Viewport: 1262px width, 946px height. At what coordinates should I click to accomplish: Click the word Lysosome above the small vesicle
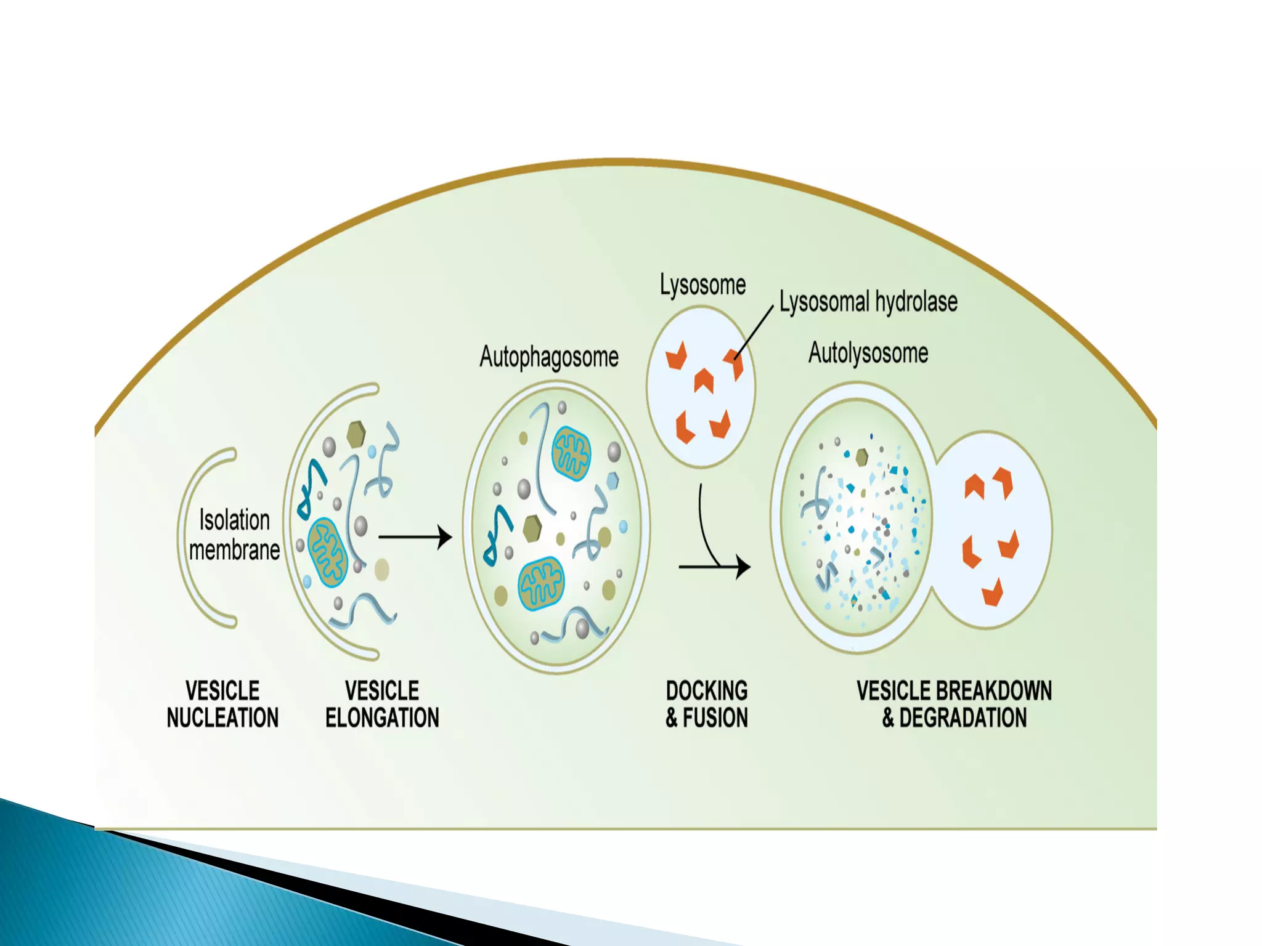click(702, 285)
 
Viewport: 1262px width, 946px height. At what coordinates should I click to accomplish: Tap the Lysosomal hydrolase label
click(868, 302)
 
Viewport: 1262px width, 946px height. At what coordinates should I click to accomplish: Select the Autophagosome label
click(548, 357)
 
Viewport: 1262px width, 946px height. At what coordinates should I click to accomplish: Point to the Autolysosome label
click(868, 354)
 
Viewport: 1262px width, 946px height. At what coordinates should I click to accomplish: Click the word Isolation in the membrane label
click(234, 520)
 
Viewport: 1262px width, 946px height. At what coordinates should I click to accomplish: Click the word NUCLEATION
click(222, 718)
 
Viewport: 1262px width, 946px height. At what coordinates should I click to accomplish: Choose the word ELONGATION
click(382, 718)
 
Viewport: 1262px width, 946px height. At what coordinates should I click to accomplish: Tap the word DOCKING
click(707, 691)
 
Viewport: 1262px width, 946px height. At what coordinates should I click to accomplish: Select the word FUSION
click(715, 718)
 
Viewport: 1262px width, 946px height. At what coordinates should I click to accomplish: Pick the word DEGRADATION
click(963, 718)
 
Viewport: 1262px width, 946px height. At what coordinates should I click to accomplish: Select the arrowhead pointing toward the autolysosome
click(743, 567)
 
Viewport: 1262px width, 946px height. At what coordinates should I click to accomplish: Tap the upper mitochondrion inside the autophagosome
click(571, 455)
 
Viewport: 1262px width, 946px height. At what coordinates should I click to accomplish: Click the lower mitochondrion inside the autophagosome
click(541, 584)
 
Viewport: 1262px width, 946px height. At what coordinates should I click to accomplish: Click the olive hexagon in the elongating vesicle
click(356, 435)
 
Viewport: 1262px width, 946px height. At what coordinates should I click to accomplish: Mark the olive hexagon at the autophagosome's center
click(532, 528)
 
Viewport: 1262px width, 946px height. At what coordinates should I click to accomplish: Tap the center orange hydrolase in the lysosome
click(703, 380)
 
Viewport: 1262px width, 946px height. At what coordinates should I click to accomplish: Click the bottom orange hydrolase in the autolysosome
click(992, 592)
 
